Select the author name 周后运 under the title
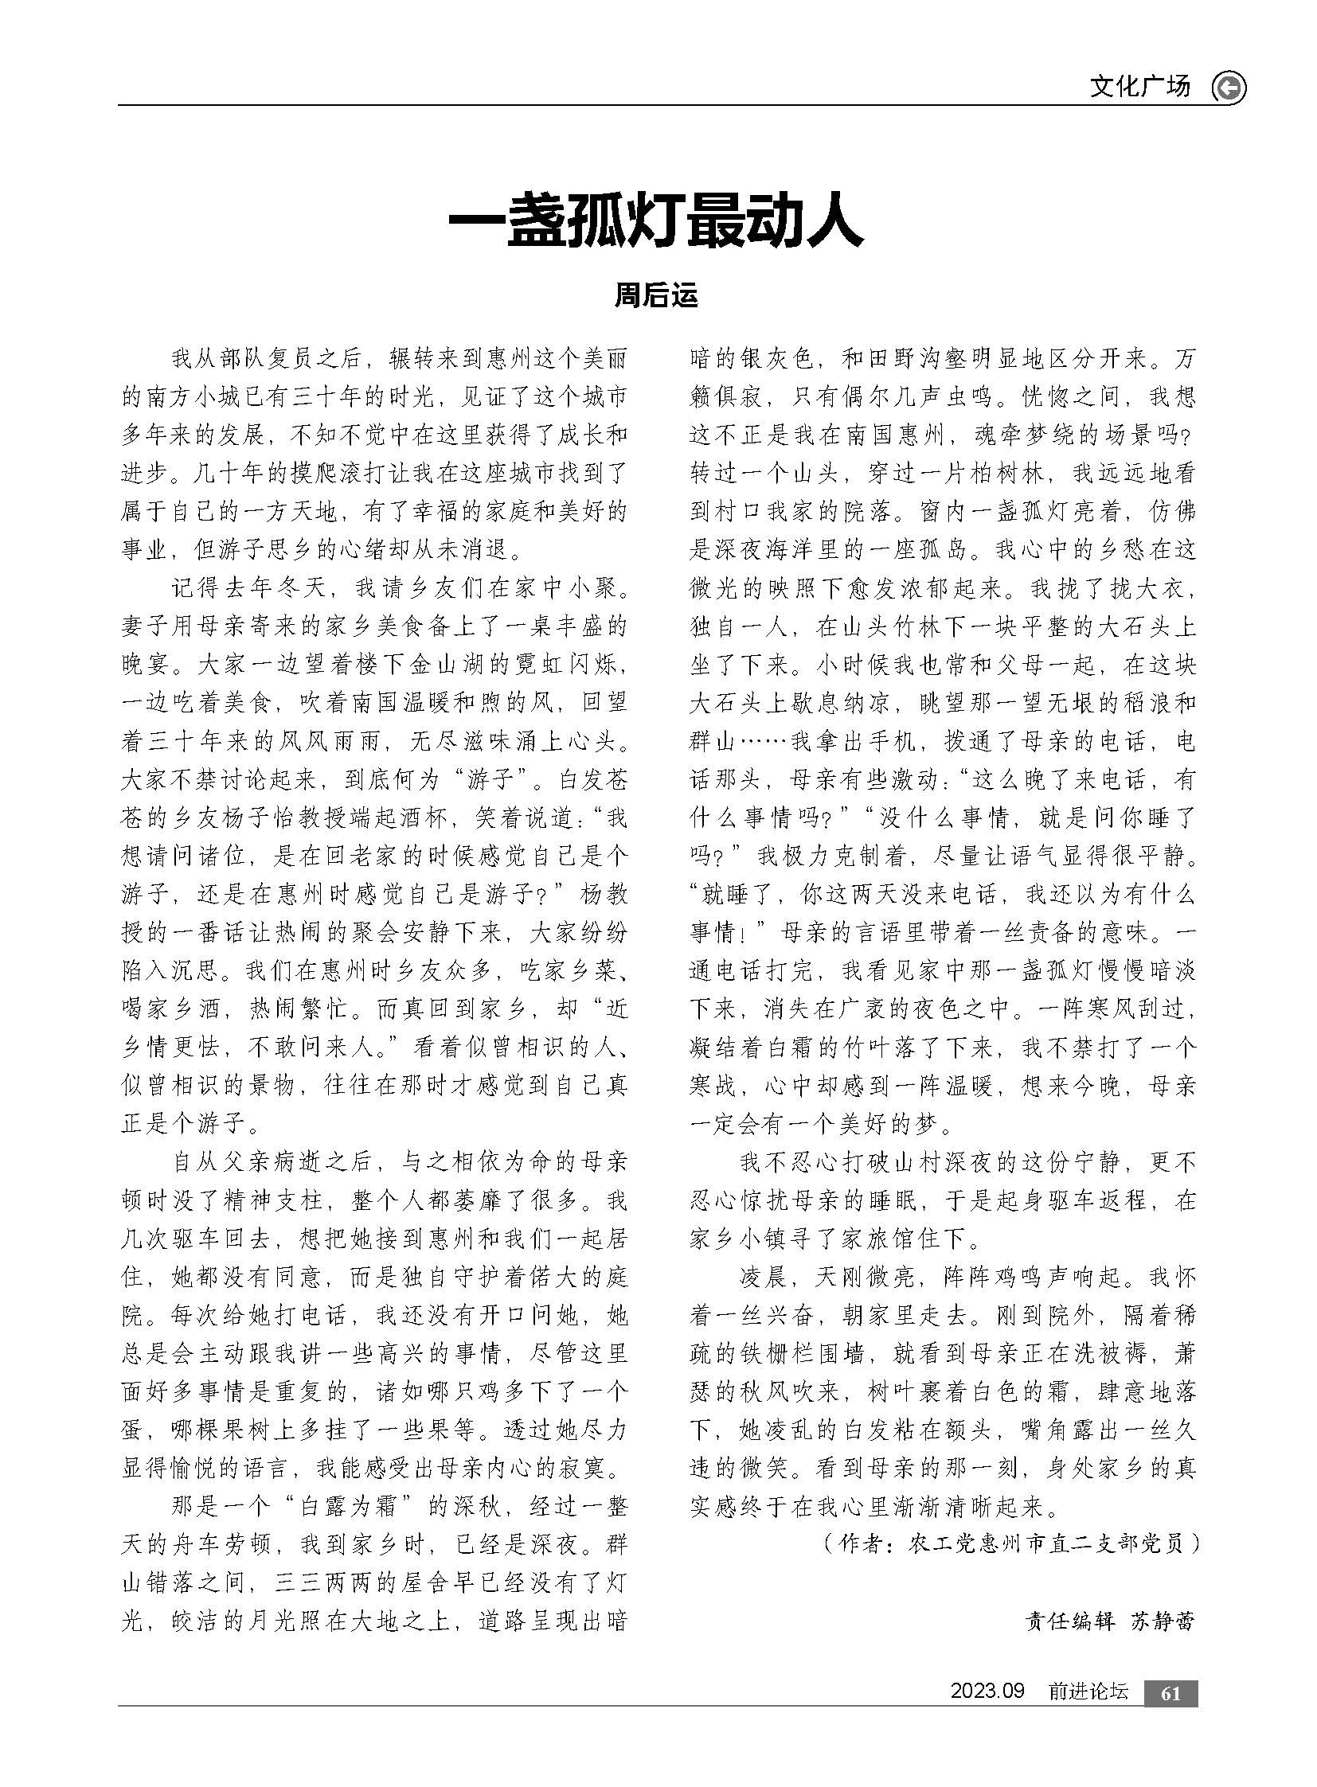tap(655, 295)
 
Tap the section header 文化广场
tap(1139, 86)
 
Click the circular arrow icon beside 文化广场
tap(1229, 88)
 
